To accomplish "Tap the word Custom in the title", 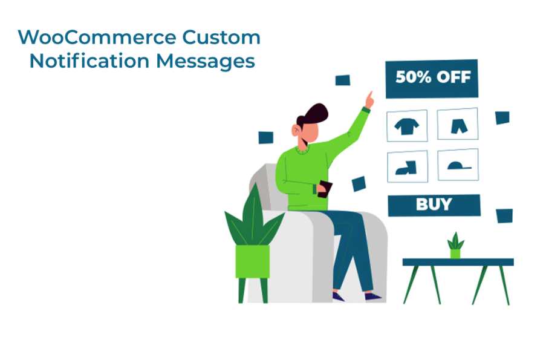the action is (x=221, y=38).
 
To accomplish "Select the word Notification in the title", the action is (x=89, y=61).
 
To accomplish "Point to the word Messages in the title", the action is (x=206, y=62).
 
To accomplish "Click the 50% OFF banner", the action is (x=432, y=79).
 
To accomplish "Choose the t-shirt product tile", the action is (x=407, y=126).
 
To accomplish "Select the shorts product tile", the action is (x=458, y=123).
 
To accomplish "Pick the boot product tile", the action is (x=408, y=166).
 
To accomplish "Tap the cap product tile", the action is (x=458, y=165).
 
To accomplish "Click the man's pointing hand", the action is (x=369, y=100).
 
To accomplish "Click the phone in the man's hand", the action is (x=325, y=189).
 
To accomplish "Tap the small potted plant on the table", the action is (x=455, y=246).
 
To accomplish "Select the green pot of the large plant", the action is (x=253, y=261).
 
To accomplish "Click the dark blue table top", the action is (x=458, y=262).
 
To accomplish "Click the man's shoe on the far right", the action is (x=372, y=296).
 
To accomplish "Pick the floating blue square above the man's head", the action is (x=343, y=80).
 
